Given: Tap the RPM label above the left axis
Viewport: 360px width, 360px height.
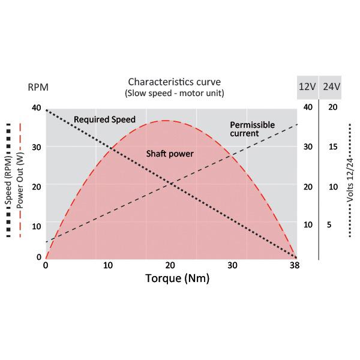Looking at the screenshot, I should pyautogui.click(x=38, y=87).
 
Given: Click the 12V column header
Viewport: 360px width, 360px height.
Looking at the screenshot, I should pyautogui.click(x=307, y=87).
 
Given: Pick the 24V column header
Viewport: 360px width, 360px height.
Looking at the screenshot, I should pyautogui.click(x=331, y=87).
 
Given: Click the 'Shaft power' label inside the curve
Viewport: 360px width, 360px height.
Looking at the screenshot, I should pyautogui.click(x=170, y=154).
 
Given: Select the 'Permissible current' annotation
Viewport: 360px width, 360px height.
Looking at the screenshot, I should pyautogui.click(x=252, y=129).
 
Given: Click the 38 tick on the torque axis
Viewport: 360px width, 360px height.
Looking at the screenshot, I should pyautogui.click(x=293, y=266).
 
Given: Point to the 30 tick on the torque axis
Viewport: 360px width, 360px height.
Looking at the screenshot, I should pyautogui.click(x=232, y=266).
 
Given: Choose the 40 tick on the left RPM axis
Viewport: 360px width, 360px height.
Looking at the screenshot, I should pyautogui.click(x=37, y=107).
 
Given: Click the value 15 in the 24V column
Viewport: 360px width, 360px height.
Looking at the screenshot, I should pyautogui.click(x=333, y=147).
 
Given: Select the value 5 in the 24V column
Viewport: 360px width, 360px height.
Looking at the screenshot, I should pyautogui.click(x=329, y=225).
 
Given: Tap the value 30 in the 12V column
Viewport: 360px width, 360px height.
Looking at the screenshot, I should pyautogui.click(x=308, y=147).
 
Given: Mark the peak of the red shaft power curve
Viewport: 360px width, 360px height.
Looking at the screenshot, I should pyautogui.click(x=166, y=121).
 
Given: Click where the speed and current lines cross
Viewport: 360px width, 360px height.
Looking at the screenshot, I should pyautogui.click(x=172, y=183).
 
